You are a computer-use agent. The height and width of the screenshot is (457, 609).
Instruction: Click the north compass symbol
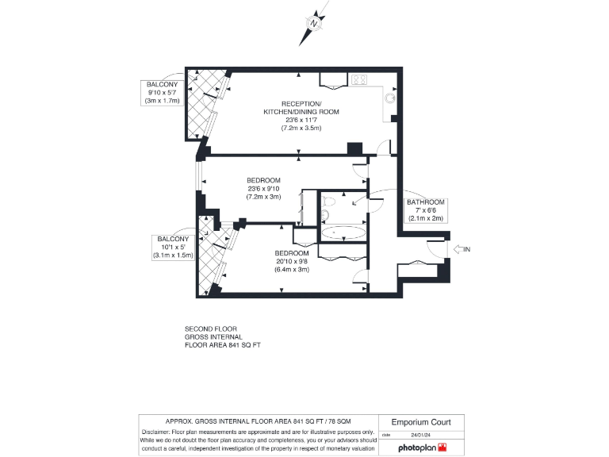tap(314, 25)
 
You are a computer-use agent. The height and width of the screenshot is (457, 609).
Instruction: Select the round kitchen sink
tap(389, 98)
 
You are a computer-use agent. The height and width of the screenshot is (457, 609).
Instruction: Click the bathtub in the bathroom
tap(342, 233)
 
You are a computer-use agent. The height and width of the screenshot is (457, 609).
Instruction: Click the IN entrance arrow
tap(462, 249)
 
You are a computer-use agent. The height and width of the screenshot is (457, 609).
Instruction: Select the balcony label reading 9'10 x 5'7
tap(162, 92)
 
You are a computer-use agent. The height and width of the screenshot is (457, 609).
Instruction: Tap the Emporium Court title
tap(420, 422)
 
